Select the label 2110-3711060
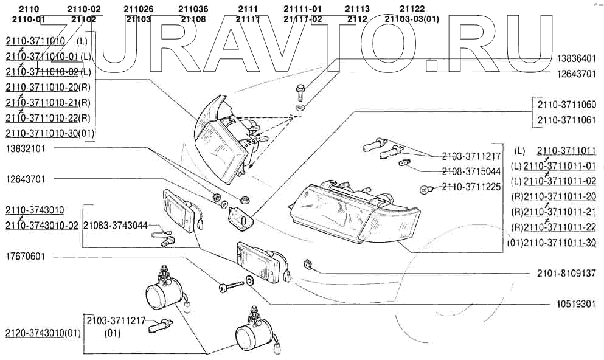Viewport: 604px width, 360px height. pyautogui.click(x=566, y=104)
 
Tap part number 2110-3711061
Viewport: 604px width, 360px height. pyautogui.click(x=566, y=120)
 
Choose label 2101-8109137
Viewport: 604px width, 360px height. pyautogui.click(x=566, y=274)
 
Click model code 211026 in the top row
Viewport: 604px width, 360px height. pyautogui.click(x=138, y=9)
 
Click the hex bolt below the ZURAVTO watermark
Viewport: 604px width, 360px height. pyautogui.click(x=300, y=93)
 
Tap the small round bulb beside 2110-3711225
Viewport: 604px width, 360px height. pyautogui.click(x=426, y=189)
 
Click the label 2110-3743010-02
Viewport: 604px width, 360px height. pyautogui.click(x=42, y=226)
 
